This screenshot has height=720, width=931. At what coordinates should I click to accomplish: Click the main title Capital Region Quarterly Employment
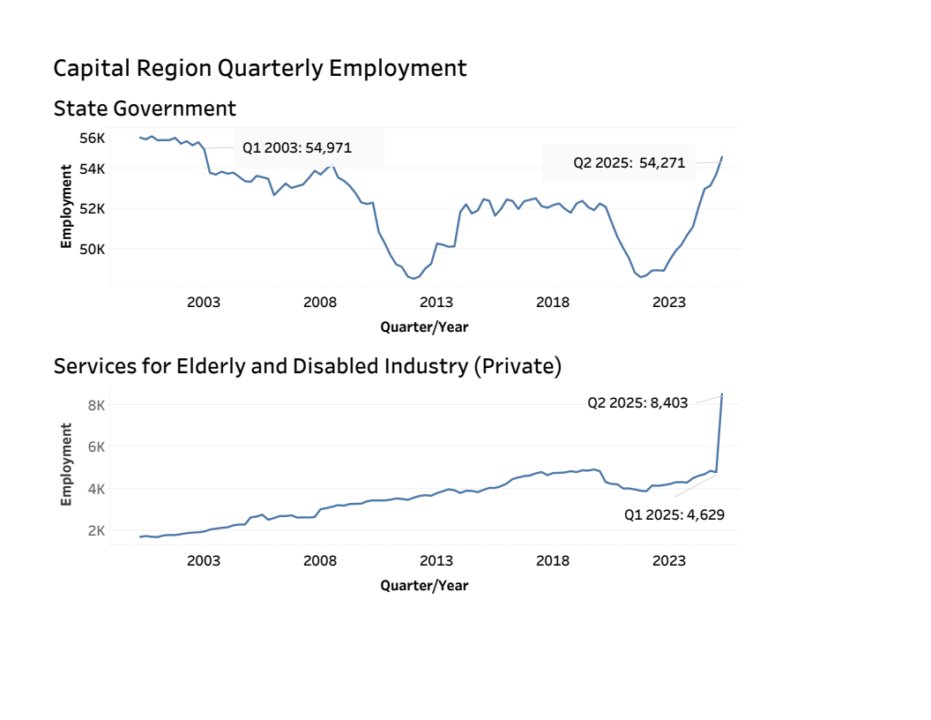coord(260,68)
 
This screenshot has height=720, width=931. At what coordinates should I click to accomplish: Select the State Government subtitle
coord(145,109)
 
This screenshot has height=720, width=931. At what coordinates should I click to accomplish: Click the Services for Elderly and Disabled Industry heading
coord(308,366)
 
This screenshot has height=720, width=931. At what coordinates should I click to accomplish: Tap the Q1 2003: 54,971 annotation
coord(297,147)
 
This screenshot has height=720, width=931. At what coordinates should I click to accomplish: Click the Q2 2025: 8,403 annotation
coord(637,402)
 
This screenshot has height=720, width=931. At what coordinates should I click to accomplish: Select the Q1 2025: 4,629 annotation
coord(674,514)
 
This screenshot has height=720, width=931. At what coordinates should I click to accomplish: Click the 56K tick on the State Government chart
coord(92,138)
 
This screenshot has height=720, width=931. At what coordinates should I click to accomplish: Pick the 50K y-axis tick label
coord(92,249)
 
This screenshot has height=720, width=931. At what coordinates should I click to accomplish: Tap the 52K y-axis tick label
coord(92,208)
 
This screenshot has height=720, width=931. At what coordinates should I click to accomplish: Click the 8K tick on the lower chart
coord(95,405)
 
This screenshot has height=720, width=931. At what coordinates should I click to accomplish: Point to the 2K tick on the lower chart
coord(95,530)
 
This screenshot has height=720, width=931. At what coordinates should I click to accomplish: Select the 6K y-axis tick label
coord(95,446)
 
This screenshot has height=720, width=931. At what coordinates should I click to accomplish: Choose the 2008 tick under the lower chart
coord(320,560)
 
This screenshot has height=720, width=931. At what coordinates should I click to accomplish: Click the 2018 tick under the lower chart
coord(553,560)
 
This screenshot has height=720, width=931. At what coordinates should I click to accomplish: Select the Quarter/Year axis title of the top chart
coord(424,327)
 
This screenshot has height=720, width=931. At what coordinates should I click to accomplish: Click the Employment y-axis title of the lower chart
coord(66,464)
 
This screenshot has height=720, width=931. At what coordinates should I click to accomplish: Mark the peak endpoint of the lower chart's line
coord(722,394)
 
